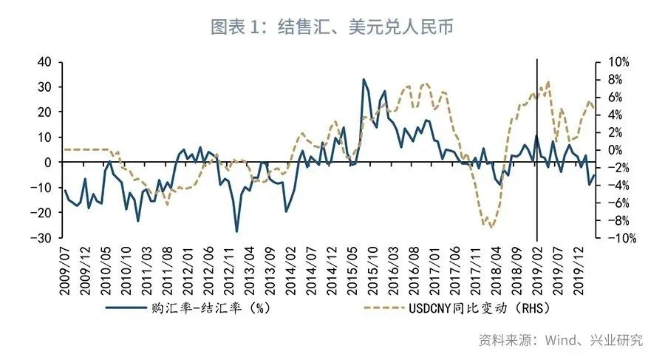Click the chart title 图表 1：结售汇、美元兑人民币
click(332, 27)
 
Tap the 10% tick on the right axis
click(618, 62)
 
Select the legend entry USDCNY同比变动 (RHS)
click(480, 307)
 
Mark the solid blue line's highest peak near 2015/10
click(364, 79)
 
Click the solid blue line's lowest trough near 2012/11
click(237, 231)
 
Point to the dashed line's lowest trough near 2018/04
click(491, 227)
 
